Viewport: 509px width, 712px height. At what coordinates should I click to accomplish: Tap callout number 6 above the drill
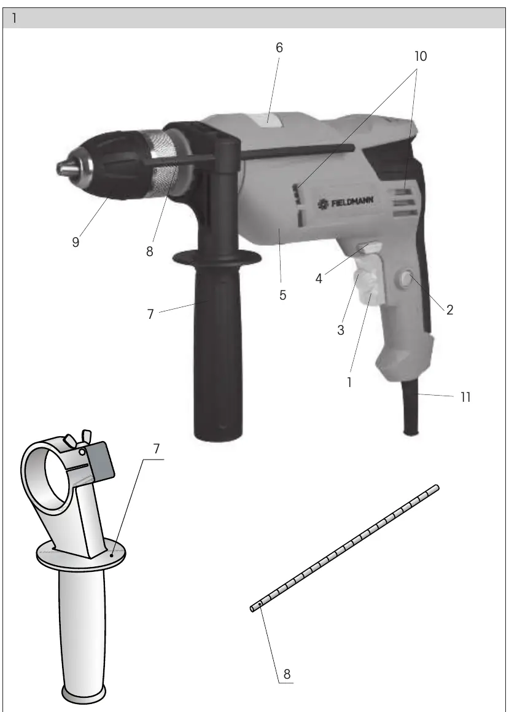[279, 48]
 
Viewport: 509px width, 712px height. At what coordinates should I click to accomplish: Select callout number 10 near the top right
[421, 57]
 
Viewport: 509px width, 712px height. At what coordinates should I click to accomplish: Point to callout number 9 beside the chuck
[76, 243]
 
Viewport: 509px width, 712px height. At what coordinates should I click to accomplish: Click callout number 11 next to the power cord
[465, 397]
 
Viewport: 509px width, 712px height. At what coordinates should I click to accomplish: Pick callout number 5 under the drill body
[282, 295]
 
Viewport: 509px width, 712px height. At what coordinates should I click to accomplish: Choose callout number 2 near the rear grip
[449, 310]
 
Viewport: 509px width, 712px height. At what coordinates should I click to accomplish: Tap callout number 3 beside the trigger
[341, 331]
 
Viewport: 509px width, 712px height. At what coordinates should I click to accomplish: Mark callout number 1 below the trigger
[349, 383]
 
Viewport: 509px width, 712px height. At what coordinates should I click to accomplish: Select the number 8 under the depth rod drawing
[287, 675]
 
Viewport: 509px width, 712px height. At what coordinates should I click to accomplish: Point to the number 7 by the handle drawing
[157, 448]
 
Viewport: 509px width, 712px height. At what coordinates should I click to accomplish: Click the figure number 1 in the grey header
[15, 18]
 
